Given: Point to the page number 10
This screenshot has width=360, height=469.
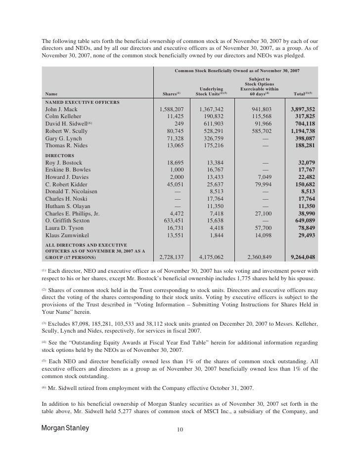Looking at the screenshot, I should (x=180, y=430).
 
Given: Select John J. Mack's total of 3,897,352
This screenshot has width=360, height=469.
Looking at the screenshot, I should (x=303, y=109).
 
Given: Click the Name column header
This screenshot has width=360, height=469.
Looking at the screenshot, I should (x=50, y=93).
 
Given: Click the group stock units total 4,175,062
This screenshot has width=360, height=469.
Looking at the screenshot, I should (x=211, y=257).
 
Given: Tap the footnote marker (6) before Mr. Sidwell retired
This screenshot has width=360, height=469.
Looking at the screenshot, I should (x=43, y=388).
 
